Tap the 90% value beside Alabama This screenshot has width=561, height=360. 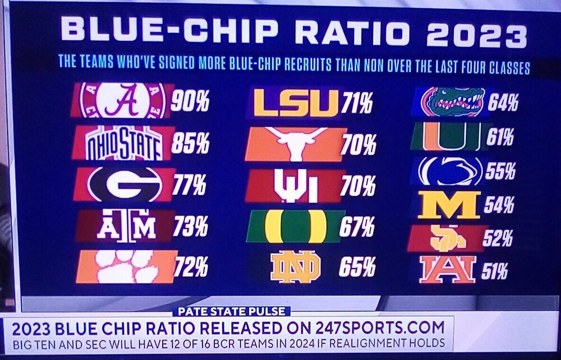tap(190, 103)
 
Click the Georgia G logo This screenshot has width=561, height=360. tap(125, 184)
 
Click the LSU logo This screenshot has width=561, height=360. tap(296, 103)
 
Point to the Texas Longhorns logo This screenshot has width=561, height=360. tap(296, 144)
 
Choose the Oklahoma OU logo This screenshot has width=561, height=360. tap(295, 186)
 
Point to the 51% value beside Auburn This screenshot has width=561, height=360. tap(494, 271)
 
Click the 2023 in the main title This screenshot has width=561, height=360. tap(476, 34)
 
